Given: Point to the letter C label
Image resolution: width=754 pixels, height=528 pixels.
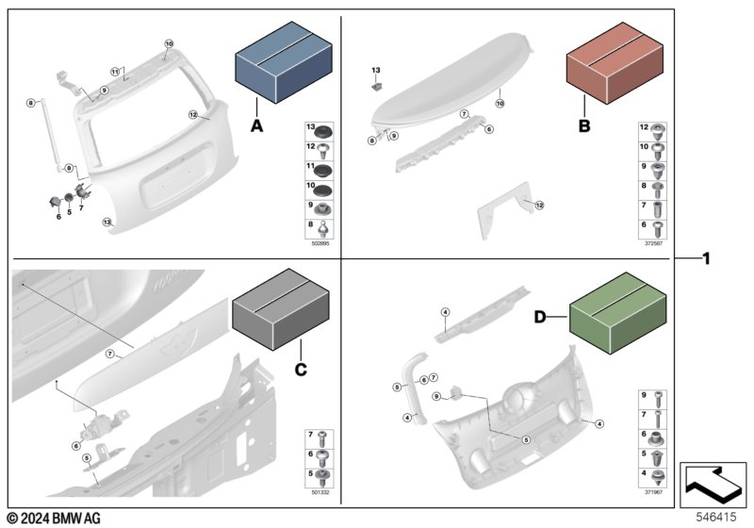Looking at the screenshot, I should coord(301,371).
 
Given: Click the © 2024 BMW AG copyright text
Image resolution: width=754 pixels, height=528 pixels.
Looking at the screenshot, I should coord(52,518).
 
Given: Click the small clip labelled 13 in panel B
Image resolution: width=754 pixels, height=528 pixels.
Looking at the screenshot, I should coord(375,86).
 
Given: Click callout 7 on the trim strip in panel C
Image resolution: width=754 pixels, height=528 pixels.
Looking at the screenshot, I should coord(109,355).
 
